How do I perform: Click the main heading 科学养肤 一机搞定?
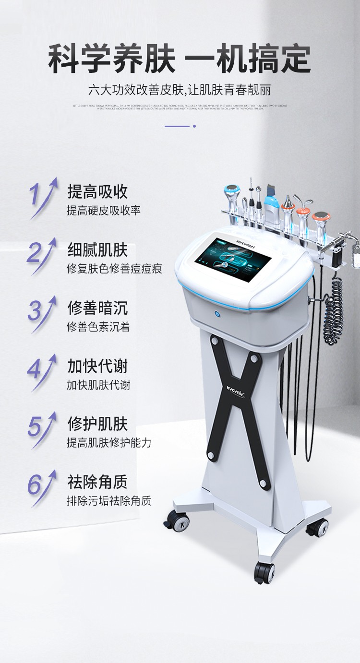tap(180, 59)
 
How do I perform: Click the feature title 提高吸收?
tap(97, 192)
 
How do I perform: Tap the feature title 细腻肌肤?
tap(97, 250)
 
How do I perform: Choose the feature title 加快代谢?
tap(97, 366)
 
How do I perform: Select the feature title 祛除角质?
tap(97, 482)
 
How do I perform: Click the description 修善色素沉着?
tap(98, 327)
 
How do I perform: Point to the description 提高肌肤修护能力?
tap(109, 443)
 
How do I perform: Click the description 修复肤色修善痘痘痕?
tap(114, 269)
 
